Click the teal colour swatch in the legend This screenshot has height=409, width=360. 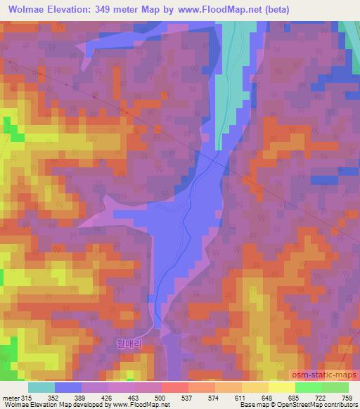click(x=41, y=387)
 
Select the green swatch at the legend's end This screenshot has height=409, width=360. click(x=335, y=387)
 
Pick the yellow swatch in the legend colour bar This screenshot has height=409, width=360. click(x=282, y=387)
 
